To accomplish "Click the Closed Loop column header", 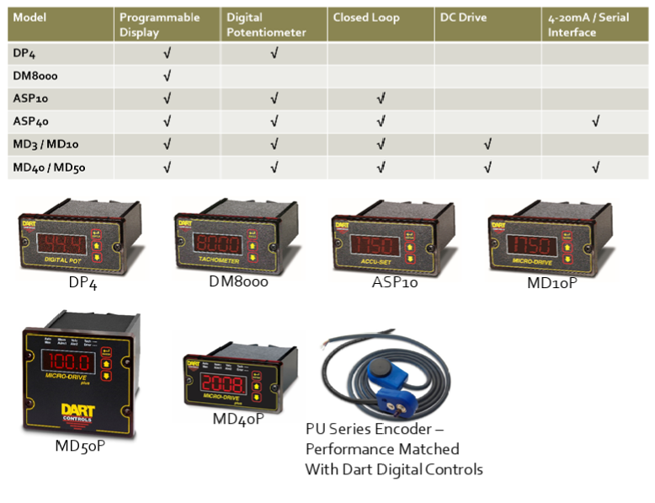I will pyautogui.click(x=366, y=17).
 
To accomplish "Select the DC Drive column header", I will pyautogui.click(x=464, y=17).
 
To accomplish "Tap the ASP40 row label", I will pyautogui.click(x=31, y=121).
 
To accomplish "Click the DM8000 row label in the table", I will pyautogui.click(x=35, y=76).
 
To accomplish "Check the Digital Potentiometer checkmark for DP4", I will pyautogui.click(x=274, y=53).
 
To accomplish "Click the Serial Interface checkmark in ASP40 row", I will pyautogui.click(x=595, y=121).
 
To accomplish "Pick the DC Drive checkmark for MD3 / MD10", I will pyautogui.click(x=487, y=144).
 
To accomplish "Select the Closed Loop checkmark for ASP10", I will pyautogui.click(x=381, y=99).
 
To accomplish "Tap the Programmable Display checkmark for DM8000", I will pyautogui.click(x=168, y=76).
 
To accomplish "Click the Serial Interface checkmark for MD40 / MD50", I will pyautogui.click(x=595, y=167).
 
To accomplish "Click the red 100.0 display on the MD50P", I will pyautogui.click(x=68, y=362).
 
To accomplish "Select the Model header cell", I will pyautogui.click(x=30, y=17).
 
